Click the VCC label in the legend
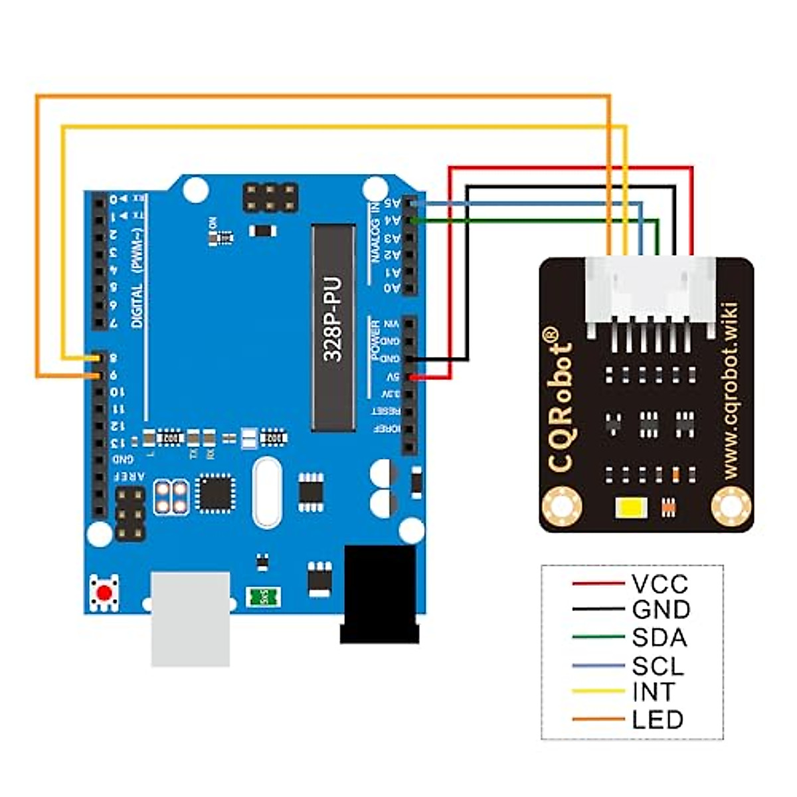[x=660, y=584]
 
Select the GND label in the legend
[x=661, y=610]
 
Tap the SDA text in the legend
[x=659, y=638]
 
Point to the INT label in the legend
[x=654, y=692]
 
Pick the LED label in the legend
[x=658, y=719]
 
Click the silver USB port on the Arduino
[x=191, y=618]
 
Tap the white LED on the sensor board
[x=630, y=509]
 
